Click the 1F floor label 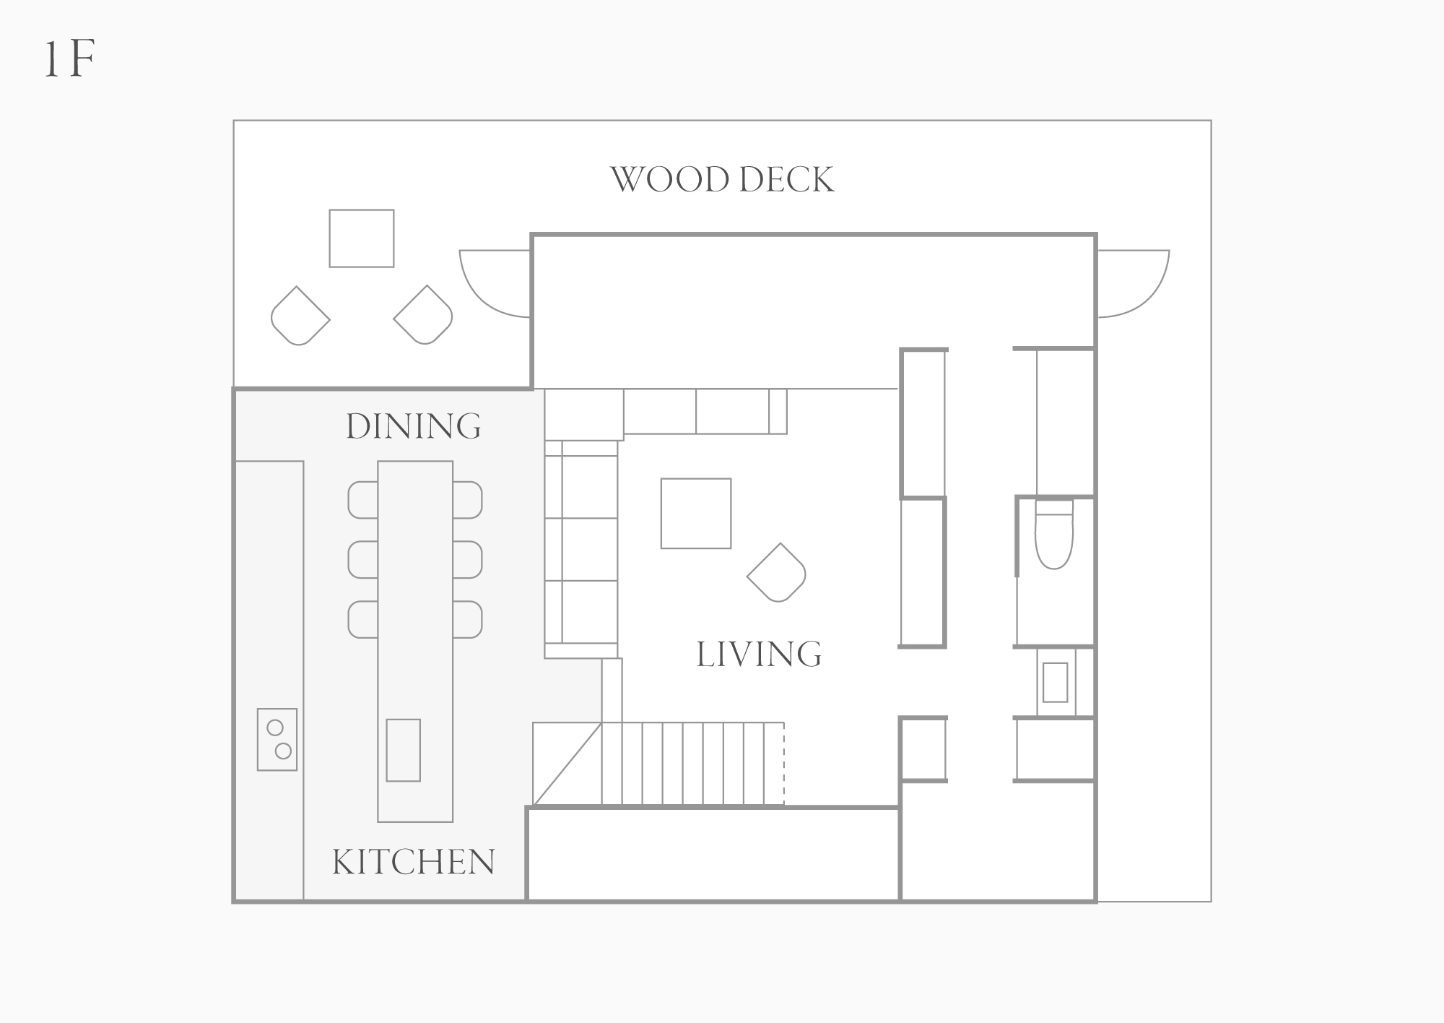coord(69,60)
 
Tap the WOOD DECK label coord(722,180)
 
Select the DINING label coord(414,426)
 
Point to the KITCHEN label coord(414,862)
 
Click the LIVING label coord(759,655)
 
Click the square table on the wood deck coord(362,238)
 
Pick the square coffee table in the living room coord(696,514)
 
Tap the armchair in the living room coord(777,572)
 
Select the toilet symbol coord(1054,534)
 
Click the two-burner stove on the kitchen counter coord(277,739)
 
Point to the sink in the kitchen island coord(404,750)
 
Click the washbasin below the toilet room coord(1056,682)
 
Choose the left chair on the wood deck coord(300,316)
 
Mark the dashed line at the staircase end coord(784,763)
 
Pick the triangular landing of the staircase coord(567,764)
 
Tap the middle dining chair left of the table coord(363,560)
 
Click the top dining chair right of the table coord(468,500)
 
